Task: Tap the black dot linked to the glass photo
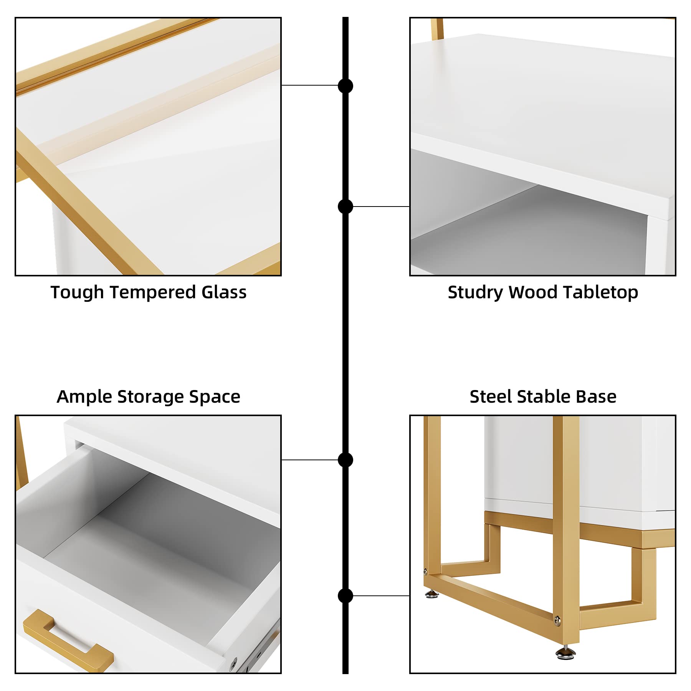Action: [345, 86]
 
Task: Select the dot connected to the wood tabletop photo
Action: [345, 207]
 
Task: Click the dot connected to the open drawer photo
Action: [345, 460]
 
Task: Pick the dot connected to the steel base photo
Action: [345, 596]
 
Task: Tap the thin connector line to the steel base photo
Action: [381, 596]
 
